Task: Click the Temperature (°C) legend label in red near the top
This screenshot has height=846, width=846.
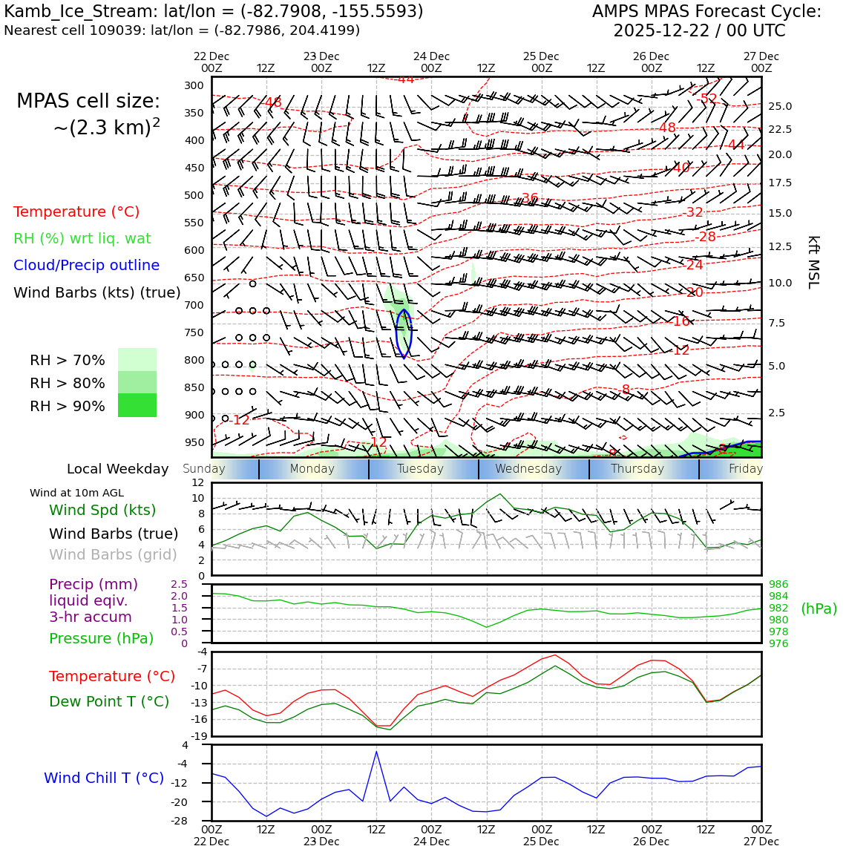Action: click(76, 211)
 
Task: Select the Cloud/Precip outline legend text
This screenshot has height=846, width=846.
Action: click(86, 265)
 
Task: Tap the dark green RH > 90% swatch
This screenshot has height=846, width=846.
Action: click(137, 405)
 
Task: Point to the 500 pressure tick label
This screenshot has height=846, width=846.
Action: click(194, 195)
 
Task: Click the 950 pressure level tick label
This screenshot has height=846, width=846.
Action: click(194, 442)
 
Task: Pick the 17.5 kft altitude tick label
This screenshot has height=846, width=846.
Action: click(779, 183)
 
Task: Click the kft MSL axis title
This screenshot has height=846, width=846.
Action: click(813, 262)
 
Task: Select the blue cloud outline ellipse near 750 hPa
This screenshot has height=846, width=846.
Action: click(404, 333)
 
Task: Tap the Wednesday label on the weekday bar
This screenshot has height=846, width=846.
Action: click(528, 468)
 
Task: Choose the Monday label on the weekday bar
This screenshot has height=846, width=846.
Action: click(312, 468)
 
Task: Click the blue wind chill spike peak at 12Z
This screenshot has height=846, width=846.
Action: click(376, 752)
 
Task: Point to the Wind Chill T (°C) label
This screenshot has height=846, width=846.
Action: click(104, 778)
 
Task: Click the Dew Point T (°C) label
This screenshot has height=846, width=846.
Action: click(109, 701)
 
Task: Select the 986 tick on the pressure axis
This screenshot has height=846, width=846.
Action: click(778, 584)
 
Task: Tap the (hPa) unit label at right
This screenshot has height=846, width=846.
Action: click(819, 609)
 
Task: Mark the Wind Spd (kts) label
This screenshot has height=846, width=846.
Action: click(102, 510)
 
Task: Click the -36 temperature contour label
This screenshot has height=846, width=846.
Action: click(529, 198)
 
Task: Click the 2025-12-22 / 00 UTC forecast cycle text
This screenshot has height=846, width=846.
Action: click(698, 30)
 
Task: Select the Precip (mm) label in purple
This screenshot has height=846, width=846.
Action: click(94, 584)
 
